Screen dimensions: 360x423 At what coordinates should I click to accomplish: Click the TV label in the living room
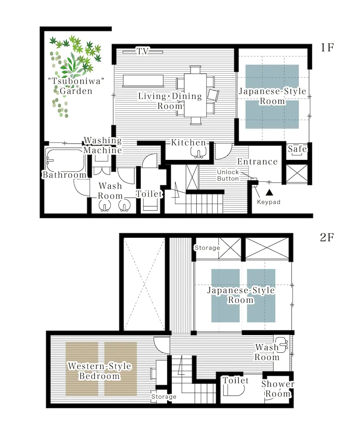(143, 51)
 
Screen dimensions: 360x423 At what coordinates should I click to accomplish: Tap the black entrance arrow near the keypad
(269, 192)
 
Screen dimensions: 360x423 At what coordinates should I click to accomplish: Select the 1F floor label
(327, 47)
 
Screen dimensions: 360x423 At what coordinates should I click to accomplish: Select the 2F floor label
(327, 237)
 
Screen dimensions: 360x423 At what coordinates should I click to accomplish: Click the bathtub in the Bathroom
(65, 160)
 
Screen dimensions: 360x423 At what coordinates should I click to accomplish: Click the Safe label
(297, 149)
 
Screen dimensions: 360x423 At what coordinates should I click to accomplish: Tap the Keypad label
(269, 202)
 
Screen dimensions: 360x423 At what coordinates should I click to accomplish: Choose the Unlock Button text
(228, 176)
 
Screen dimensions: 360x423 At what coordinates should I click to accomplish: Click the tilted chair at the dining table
(213, 95)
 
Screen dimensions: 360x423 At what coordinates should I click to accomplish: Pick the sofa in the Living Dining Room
(143, 81)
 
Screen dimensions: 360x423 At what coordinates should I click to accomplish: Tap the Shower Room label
(278, 389)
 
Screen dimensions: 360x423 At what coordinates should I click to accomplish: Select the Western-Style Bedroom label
(99, 371)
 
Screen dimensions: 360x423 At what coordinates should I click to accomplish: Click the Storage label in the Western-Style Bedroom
(164, 397)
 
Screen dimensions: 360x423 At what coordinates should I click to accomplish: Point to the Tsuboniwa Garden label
(76, 86)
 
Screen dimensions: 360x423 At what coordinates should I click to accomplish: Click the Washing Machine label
(102, 145)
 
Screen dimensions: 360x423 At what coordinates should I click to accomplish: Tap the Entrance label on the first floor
(257, 162)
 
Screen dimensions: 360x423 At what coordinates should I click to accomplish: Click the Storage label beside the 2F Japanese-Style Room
(207, 247)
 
